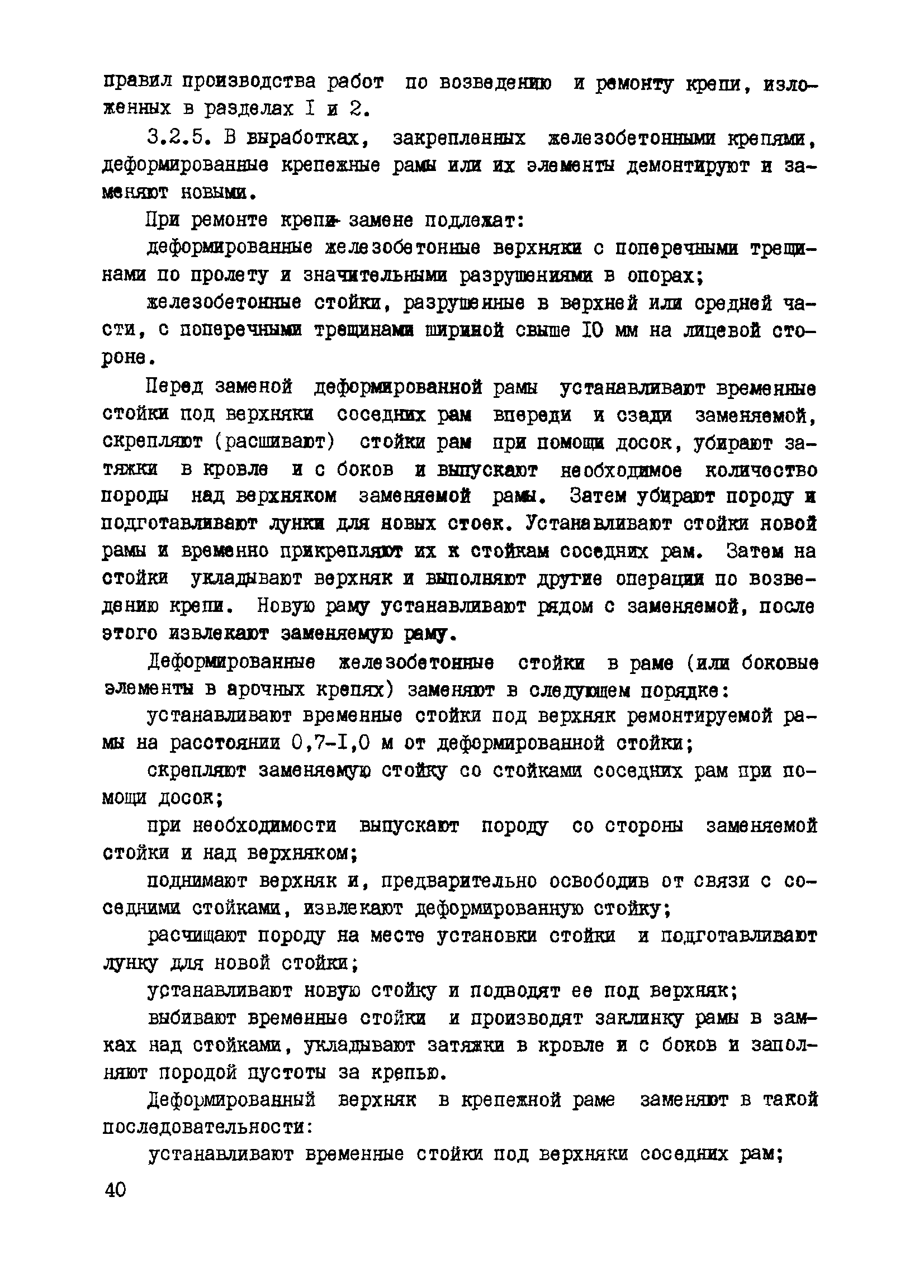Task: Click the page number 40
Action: click(115, 1190)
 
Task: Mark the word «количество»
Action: click(761, 470)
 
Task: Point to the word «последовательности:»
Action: click(209, 1128)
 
